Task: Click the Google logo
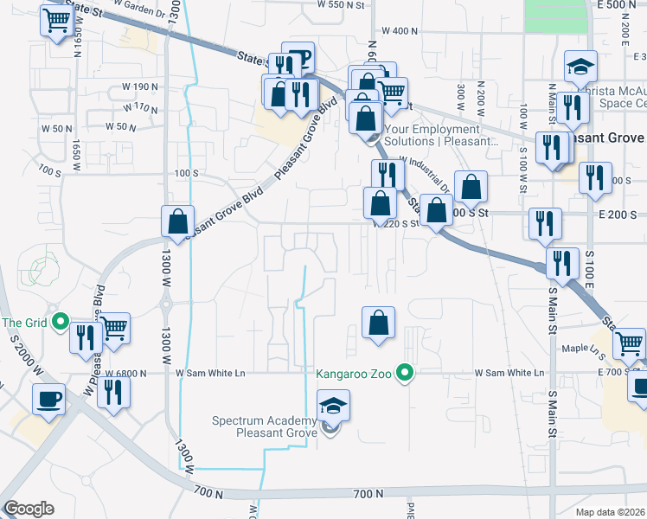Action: tap(29, 509)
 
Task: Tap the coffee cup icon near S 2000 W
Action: tap(48, 400)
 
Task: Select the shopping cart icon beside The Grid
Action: tap(113, 328)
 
